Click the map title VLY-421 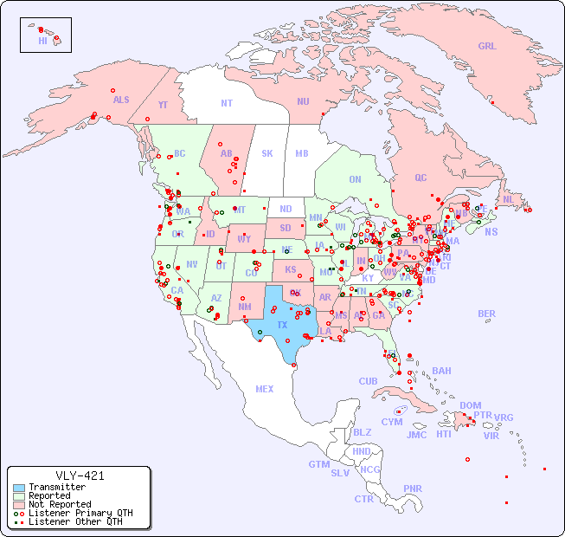[80, 476]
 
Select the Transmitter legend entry [56, 488]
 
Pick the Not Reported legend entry [59, 504]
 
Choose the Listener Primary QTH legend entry [80, 513]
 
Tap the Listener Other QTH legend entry [74, 521]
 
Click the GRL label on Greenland [487, 47]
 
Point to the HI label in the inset [42, 41]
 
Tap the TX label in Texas [282, 325]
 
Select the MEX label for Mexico [265, 389]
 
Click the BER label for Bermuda [487, 314]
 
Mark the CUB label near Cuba [369, 381]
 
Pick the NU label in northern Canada [303, 101]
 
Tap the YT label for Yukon [163, 105]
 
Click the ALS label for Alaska [121, 100]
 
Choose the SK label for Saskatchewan [267, 153]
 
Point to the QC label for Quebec [421, 178]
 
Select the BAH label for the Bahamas [441, 371]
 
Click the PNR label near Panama [413, 488]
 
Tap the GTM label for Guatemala [318, 464]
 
